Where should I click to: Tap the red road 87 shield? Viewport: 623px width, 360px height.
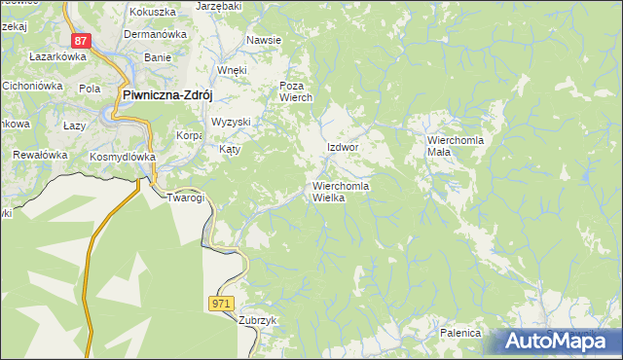81,41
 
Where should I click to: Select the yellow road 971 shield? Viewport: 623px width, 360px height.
222,304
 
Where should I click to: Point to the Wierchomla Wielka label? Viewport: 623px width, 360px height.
341,192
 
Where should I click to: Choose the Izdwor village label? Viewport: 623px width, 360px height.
344,147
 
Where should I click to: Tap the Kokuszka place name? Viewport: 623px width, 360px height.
151,11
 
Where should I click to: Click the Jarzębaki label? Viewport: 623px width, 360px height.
218,6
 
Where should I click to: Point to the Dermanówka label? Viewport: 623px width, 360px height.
154,34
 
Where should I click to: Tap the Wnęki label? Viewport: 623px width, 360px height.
233,71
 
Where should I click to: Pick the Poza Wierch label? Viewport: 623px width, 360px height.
295,91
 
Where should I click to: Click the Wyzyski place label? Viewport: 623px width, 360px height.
232,122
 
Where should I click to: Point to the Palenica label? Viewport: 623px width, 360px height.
460,333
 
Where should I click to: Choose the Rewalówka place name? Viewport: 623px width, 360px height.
39,155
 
